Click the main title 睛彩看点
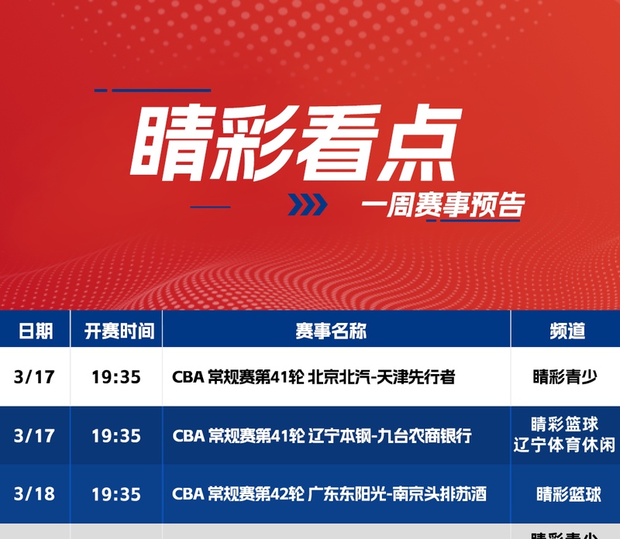(x=296, y=142)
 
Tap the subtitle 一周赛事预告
(x=443, y=204)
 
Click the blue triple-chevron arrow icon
(x=308, y=204)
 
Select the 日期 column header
(x=36, y=331)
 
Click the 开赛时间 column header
(x=119, y=331)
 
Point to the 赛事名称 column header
(x=331, y=331)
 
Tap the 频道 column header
(x=567, y=331)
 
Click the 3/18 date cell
(x=34, y=494)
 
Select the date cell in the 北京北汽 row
(x=34, y=376)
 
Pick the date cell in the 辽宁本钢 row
(x=34, y=436)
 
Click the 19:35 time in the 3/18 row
(x=116, y=494)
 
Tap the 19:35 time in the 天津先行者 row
(x=116, y=377)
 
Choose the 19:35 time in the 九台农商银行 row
(x=116, y=436)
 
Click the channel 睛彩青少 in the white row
(x=565, y=376)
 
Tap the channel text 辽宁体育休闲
(x=564, y=445)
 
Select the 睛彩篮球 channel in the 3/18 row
(x=569, y=494)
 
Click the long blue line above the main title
(x=161, y=91)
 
